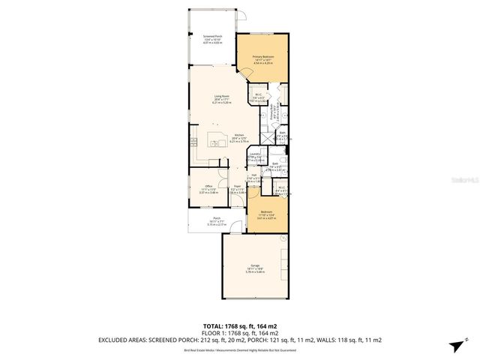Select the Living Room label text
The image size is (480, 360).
coord(220,99)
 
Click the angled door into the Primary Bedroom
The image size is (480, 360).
coord(244,75)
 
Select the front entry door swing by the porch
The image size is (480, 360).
coord(237,223)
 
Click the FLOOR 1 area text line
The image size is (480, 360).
coord(239,331)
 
